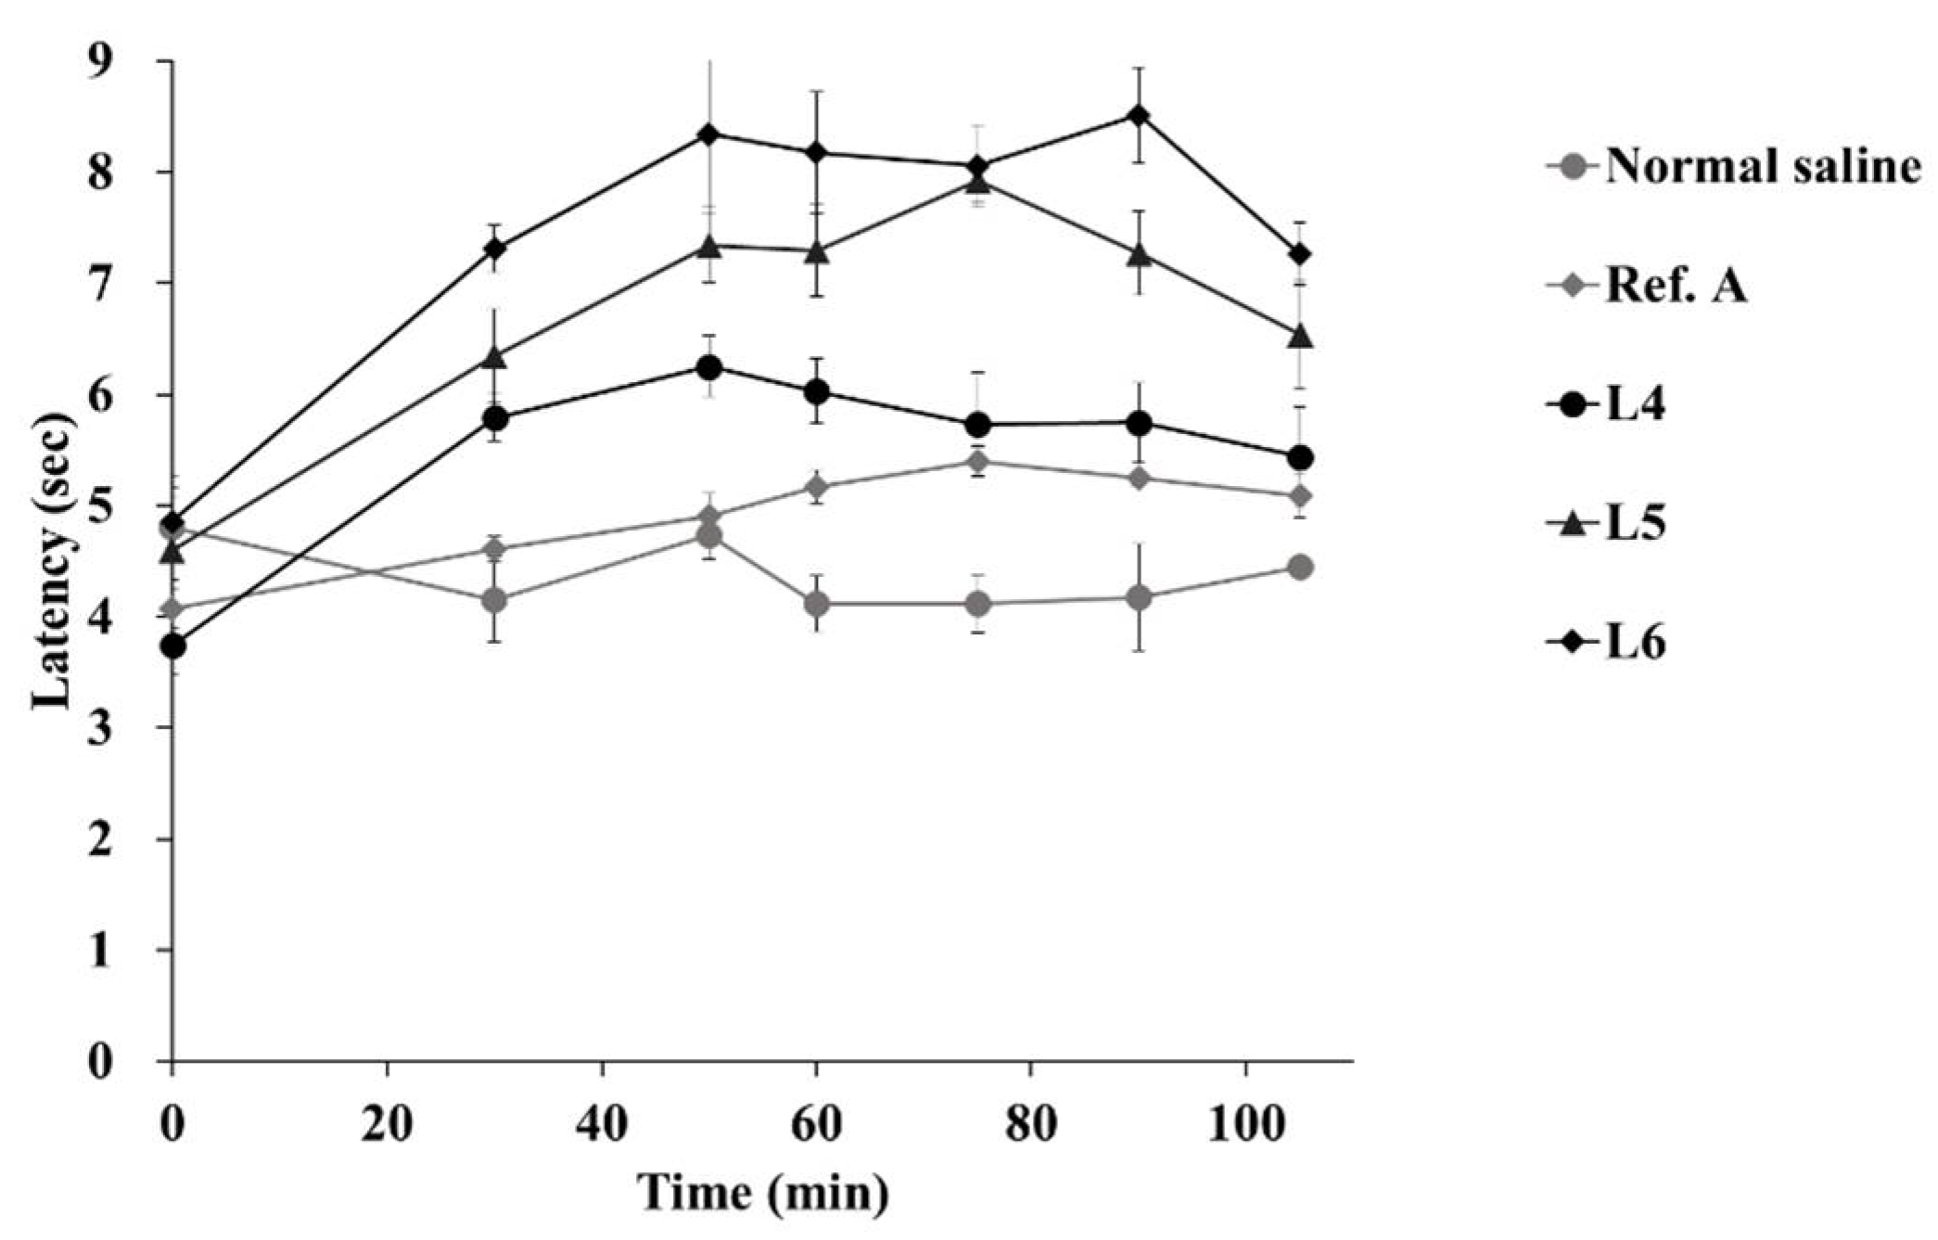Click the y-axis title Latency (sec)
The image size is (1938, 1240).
(x=53, y=563)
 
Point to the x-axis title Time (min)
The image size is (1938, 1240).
(x=762, y=1194)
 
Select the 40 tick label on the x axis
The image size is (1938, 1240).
(x=602, y=1125)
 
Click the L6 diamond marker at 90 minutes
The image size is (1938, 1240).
(x=1139, y=116)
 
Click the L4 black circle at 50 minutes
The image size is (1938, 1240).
(x=709, y=367)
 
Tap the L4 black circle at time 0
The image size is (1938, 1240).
(x=172, y=646)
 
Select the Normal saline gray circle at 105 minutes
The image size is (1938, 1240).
(x=1299, y=567)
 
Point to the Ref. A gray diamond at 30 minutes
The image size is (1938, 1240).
(x=494, y=549)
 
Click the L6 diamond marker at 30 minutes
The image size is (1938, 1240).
(x=494, y=249)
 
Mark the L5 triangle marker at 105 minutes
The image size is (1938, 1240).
(x=1299, y=336)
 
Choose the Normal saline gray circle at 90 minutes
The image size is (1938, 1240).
(x=1139, y=598)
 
